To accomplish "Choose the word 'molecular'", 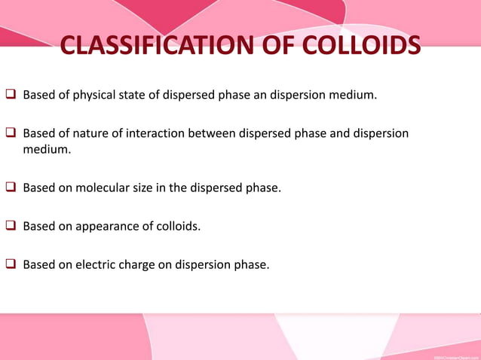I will [x=110, y=188].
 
